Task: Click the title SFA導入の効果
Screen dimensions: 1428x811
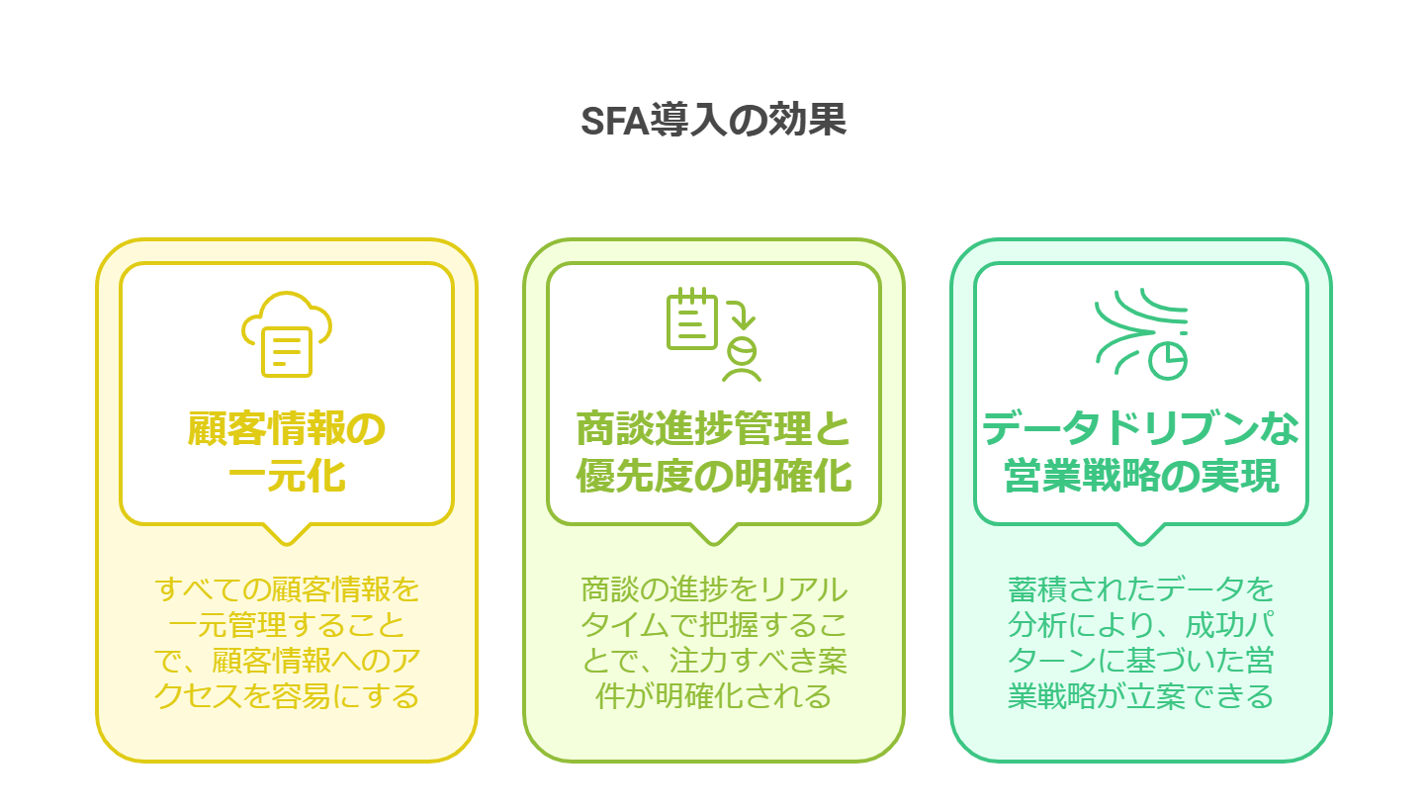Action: [713, 120]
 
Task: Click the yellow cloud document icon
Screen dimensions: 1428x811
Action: [286, 334]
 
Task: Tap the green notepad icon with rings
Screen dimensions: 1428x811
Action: [691, 318]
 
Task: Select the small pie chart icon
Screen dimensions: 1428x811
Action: [1168, 362]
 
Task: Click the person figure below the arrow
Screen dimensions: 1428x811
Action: [742, 360]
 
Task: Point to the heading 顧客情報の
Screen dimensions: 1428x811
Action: [286, 428]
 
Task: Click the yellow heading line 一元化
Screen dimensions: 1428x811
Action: [286, 476]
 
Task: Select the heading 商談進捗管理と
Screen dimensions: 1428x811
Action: [713, 428]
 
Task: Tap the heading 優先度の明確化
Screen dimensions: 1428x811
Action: [713, 476]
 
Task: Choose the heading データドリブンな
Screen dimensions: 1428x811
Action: [1140, 428]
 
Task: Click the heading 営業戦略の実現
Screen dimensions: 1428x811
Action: [1141, 476]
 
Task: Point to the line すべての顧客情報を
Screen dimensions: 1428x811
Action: [287, 589]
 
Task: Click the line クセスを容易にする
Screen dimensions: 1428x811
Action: [287, 696]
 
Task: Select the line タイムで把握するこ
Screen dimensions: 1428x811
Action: [714, 625]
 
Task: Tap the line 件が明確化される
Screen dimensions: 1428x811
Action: [714, 696]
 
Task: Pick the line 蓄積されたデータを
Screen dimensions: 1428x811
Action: [1141, 589]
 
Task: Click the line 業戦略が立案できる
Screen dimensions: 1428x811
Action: [1141, 696]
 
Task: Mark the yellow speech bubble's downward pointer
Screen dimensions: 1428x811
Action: [287, 537]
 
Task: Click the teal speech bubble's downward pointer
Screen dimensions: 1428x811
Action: [1141, 537]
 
